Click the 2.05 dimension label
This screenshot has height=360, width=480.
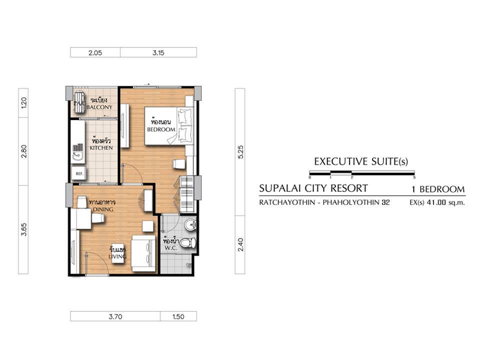pos(95,52)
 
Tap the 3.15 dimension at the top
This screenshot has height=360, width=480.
pos(158,52)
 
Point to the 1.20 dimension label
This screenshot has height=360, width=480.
pos(24,102)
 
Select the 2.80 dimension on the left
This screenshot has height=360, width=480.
pos(24,151)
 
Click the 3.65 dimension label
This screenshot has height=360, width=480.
pos(24,229)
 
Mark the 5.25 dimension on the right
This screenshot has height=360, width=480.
pos(240,152)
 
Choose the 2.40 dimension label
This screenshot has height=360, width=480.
pos(240,244)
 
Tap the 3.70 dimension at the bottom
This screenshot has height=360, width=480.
pos(115,316)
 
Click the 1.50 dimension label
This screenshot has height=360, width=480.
pos(178,316)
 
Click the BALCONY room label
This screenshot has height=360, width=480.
pos(99,107)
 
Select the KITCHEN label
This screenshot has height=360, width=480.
pos(101,148)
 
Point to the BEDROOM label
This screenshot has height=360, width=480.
pos(161,129)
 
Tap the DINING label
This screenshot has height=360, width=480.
pos(103,209)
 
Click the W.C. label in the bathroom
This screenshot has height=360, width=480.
pos(170,248)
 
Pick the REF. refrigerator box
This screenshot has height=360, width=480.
pos(79,174)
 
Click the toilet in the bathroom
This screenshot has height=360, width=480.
pos(187,243)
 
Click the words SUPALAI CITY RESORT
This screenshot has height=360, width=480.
pos(313,188)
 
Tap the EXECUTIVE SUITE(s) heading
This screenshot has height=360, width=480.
pos(361,161)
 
